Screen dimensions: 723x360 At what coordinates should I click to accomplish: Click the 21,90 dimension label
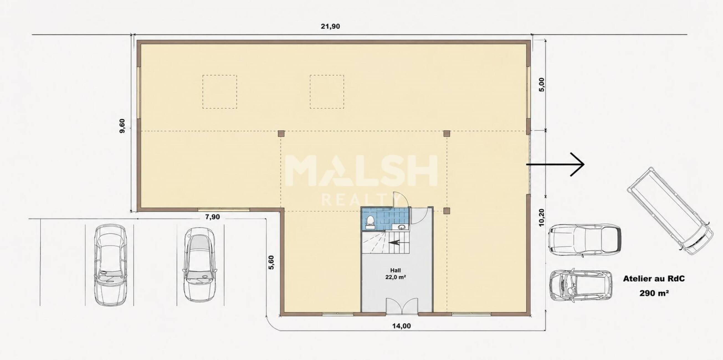point(330,26)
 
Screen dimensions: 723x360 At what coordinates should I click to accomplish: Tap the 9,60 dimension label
point(122,126)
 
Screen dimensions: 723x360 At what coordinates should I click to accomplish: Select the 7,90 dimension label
point(212,217)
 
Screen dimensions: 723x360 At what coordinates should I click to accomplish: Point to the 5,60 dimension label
point(271,262)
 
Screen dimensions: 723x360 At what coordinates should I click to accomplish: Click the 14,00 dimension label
point(401,326)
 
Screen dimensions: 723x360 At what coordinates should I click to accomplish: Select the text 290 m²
point(654,293)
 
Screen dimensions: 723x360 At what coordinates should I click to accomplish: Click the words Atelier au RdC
point(654,279)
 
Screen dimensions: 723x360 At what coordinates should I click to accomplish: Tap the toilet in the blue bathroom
point(370,222)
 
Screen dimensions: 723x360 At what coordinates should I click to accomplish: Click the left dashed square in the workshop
point(219,92)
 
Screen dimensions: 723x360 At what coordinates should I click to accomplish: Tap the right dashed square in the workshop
point(327,92)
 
